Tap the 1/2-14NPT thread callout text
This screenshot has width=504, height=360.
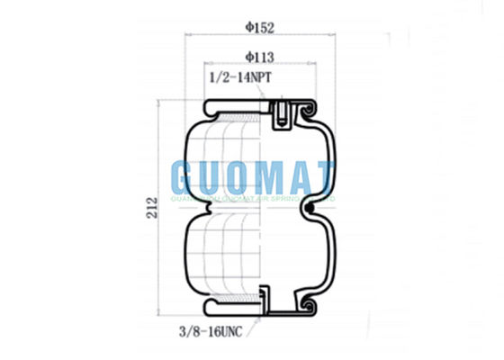[239, 78]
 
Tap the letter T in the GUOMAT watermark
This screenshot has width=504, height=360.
[323, 175]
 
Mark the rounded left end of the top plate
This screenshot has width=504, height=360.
[210, 110]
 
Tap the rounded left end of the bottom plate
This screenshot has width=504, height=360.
[210, 309]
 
